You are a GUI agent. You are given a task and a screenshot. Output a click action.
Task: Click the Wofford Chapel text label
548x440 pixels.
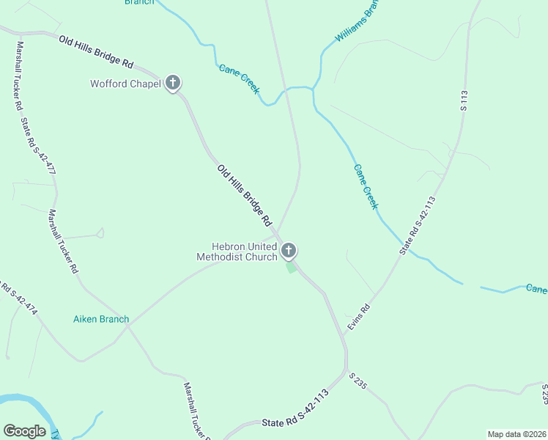pos(125,84)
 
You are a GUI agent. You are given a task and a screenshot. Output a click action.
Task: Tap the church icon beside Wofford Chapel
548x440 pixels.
pos(173,83)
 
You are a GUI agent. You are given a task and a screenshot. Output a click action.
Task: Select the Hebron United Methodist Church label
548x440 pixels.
pos(237,252)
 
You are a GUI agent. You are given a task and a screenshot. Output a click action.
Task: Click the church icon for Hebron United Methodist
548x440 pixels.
pos(289,252)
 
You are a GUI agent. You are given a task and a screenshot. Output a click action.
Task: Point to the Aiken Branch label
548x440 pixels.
pos(101,319)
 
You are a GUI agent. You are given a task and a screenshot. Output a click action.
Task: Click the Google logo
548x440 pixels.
pos(24,431)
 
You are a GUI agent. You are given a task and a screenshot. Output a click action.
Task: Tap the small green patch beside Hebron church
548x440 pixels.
pos(292,268)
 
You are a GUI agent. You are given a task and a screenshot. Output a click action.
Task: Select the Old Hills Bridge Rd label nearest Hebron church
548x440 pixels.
pos(245,195)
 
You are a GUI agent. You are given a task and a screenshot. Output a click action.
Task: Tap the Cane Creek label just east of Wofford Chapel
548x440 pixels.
pos(240,78)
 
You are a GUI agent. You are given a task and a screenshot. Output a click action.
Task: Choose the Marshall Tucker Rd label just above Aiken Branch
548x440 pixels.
pos(63,241)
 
